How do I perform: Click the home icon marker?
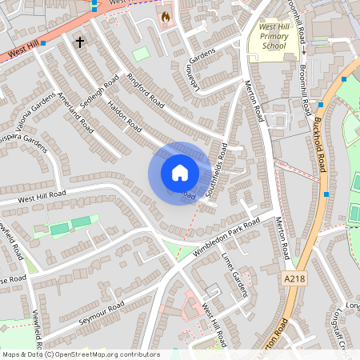click(180, 173)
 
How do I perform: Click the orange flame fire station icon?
click(166, 16)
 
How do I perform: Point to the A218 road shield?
click(294, 278)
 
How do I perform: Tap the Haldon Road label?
click(124, 117)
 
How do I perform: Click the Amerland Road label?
click(76, 112)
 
